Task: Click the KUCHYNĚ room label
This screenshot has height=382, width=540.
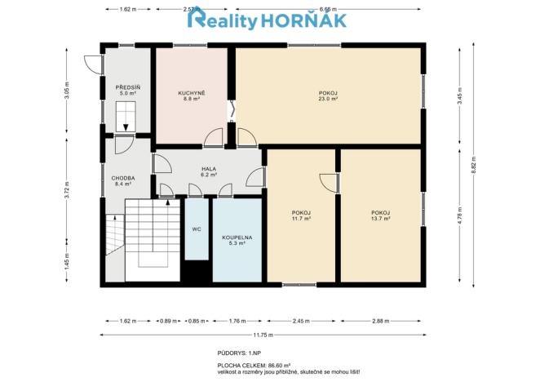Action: [192, 93]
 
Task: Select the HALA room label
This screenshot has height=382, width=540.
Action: [210, 169]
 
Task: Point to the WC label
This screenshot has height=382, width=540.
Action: [197, 229]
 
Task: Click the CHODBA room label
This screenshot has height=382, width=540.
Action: [123, 178]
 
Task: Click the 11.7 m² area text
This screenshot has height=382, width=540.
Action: [300, 219]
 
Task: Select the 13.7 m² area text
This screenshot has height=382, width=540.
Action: [380, 219]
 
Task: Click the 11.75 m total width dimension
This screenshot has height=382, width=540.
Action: [262, 335]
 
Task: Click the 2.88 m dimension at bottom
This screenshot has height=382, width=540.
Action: [380, 321]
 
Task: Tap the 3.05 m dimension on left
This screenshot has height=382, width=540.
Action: [67, 90]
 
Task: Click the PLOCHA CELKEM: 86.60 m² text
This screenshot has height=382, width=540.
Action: [255, 366]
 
